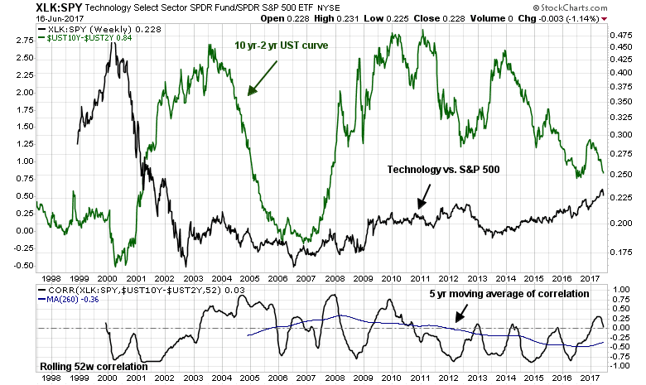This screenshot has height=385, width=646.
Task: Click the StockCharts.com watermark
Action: pos(596,8)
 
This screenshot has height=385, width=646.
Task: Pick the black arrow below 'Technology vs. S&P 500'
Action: pos(423,195)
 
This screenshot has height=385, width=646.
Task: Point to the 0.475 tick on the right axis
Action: pos(621,36)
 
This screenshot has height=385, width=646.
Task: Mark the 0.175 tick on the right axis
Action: pos(621,253)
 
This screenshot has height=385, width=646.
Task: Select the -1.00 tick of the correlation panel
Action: pos(622,366)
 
